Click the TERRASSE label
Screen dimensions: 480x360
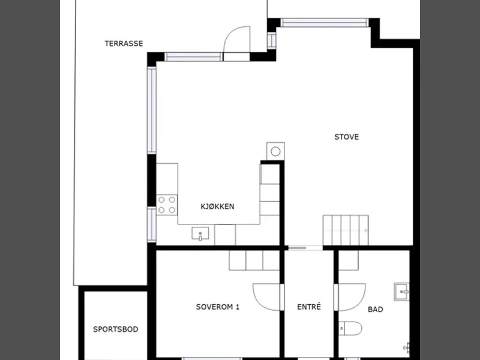coord(124,43)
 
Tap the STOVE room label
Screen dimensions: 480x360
coord(347,137)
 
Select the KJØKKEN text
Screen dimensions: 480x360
coord(217,206)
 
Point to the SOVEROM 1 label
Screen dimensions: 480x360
coord(218,307)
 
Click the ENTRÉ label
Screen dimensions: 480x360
coord(309,307)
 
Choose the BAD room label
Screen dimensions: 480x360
coord(376,310)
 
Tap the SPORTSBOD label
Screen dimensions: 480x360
coord(116,329)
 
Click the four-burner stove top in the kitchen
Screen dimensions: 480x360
coord(167,205)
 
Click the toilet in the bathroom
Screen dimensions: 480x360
coord(350,328)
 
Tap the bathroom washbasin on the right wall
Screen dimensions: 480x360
coord(401,292)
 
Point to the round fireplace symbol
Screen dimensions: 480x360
coord(275,151)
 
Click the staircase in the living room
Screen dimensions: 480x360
coord(346,230)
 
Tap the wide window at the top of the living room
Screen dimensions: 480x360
coord(325,23)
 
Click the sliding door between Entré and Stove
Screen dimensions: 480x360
coord(304,248)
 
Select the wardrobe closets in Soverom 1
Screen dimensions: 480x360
coord(254,260)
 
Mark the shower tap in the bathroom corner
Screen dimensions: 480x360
coord(407,348)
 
